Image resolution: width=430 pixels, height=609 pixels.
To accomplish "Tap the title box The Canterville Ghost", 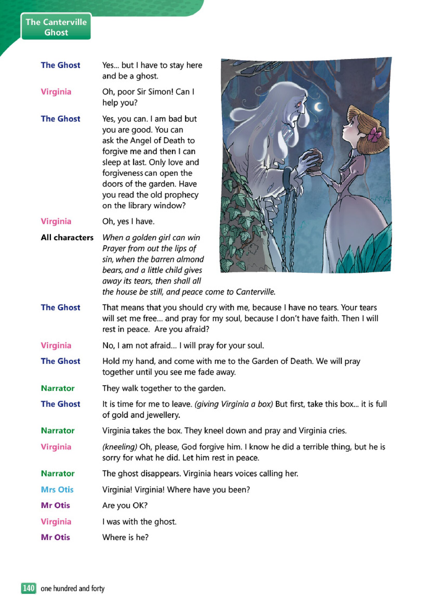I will [x=56, y=27].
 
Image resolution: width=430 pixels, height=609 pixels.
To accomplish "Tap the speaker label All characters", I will [x=67, y=237].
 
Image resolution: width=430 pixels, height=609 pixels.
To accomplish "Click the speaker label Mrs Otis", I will [x=57, y=489].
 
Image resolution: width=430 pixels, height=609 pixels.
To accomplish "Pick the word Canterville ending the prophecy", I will [x=255, y=292].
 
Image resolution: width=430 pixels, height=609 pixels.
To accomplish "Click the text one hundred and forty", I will [x=73, y=588].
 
